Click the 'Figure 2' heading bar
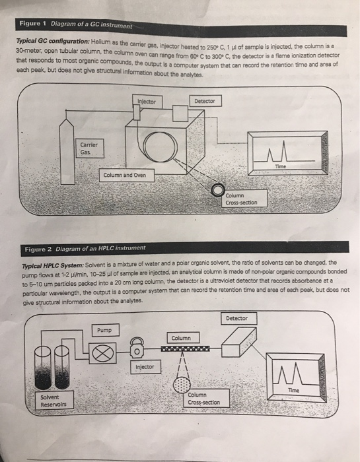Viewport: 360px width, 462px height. click(86, 249)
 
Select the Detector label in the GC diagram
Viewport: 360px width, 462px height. click(205, 101)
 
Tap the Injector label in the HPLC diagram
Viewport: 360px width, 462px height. click(144, 367)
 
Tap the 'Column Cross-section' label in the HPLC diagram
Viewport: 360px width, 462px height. click(203, 398)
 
